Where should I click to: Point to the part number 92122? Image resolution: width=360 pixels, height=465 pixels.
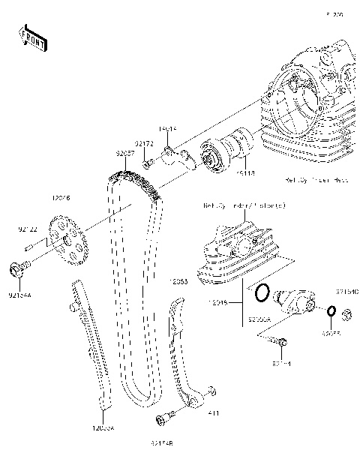[x=28, y=224]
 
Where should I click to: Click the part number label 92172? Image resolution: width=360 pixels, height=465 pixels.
[x=144, y=142]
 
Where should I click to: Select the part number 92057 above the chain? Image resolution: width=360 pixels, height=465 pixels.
[x=124, y=153]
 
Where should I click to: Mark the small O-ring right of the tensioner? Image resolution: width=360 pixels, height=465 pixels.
[x=331, y=310]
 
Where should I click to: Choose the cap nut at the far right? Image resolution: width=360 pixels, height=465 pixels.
[x=346, y=312]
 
